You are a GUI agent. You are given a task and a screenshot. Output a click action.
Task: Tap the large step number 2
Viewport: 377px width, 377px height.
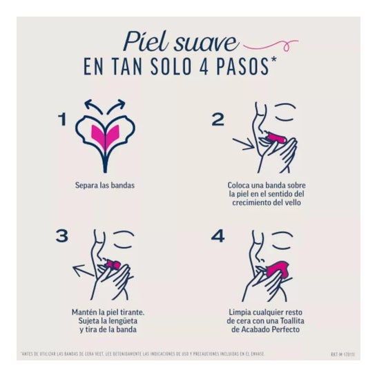pos(217,119)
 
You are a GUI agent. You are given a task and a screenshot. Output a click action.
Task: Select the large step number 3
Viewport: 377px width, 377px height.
pos(63,237)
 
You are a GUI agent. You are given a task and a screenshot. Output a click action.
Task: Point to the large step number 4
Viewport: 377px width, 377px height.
pos(218,236)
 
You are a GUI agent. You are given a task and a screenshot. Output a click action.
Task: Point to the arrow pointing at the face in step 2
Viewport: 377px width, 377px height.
pos(245,144)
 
